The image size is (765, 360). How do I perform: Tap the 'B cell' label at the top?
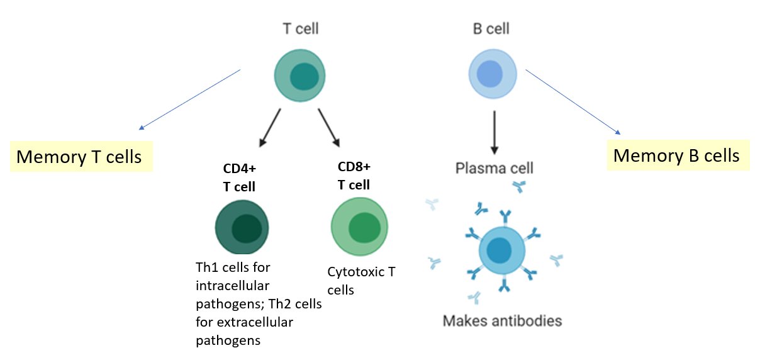coord(490,28)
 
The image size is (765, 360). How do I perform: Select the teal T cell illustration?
coord(300,76)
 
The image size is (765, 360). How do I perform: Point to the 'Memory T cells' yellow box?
coord(79,156)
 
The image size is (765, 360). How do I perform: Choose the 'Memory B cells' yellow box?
coord(676,155)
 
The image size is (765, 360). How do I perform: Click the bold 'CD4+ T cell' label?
coord(240,178)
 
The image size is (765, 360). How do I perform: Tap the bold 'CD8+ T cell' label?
coord(354,176)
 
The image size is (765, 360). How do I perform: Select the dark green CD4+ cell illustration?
coord(242,228)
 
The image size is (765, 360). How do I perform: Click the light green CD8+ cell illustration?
coord(359,227)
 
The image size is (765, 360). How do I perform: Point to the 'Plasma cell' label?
coord(494,169)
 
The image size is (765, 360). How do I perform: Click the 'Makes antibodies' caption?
coord(502,321)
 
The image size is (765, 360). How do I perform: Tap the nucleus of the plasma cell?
coord(501,251)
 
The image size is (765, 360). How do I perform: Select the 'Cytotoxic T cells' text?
coord(361,281)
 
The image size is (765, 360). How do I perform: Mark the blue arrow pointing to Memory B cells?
coord(573,102)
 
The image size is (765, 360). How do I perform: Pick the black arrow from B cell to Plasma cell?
coord(494,133)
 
